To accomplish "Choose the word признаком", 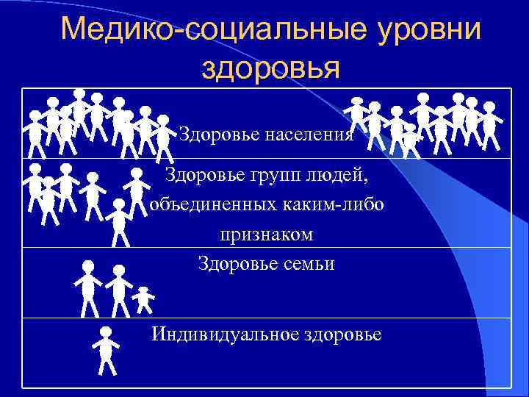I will point(266,235).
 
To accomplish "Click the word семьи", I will point(306,263).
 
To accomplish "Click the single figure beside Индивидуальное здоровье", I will point(106,350).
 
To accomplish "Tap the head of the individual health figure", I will point(106,332).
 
